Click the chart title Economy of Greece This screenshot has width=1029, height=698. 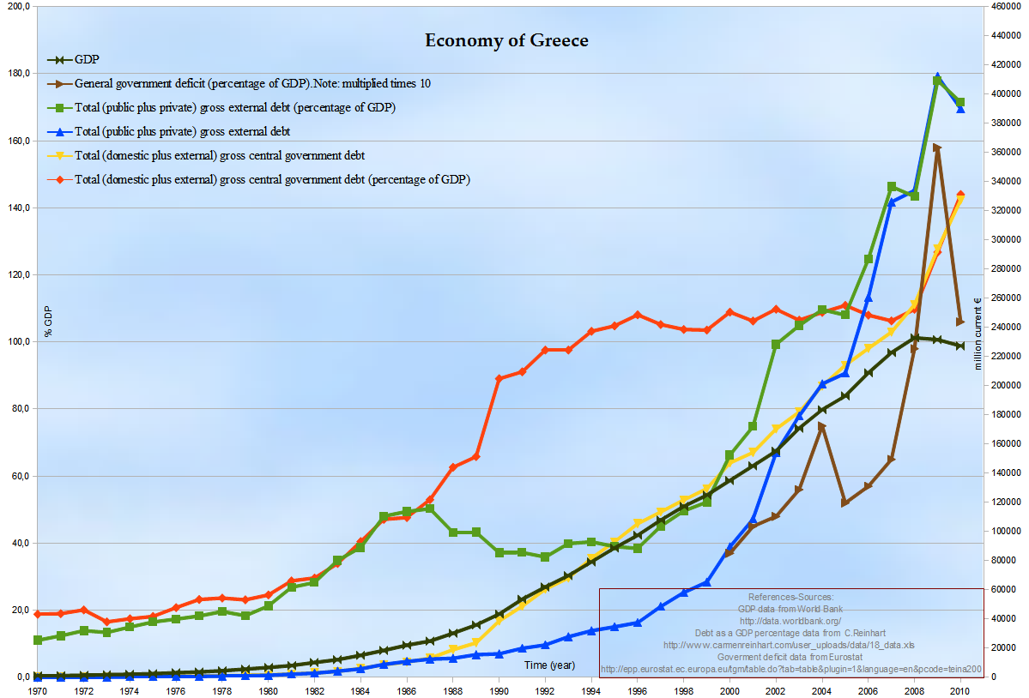point(506,40)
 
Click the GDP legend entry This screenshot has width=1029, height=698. point(86,60)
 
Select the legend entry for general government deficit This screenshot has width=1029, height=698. point(252,84)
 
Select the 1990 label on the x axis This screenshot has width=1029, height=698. point(499,689)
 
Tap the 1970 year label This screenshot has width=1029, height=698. point(38,689)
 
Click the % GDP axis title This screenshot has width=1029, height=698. point(49,320)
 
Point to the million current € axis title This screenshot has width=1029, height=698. point(978,334)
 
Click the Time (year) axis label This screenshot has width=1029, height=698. point(549,665)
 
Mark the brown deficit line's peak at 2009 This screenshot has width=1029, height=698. point(937,147)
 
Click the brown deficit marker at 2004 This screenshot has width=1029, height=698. point(822,425)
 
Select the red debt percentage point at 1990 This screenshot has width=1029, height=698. point(499,378)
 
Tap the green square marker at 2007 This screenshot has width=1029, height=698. point(892,186)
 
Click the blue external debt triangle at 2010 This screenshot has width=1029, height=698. point(960,109)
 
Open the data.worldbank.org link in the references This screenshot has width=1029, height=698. point(790,621)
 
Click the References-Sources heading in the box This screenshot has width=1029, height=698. point(790,597)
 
